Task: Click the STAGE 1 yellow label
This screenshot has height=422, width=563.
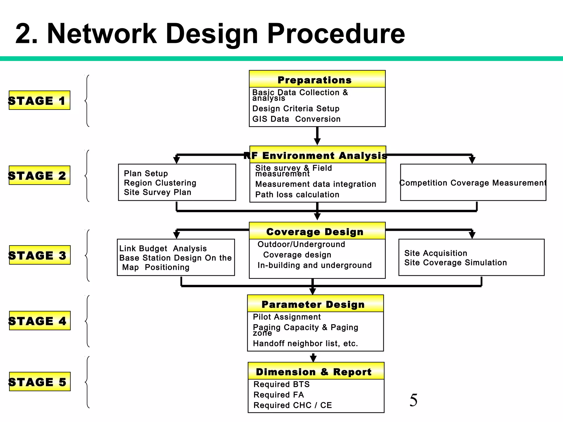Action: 39,101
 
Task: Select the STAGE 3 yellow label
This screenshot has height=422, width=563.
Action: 40,255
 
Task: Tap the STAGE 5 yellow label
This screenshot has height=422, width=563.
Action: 40,382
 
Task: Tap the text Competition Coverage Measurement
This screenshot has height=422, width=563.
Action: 473,183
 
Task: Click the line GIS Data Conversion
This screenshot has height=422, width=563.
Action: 296,119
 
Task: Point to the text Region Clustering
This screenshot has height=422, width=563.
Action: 160,183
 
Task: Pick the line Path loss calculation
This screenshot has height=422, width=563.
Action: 297,195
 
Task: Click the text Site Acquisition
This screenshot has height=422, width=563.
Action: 435,253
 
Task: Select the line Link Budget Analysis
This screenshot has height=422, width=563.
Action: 163,248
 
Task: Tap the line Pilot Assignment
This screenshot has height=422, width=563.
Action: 287,317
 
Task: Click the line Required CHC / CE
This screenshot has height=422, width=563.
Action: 292,405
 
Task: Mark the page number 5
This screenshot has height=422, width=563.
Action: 413,400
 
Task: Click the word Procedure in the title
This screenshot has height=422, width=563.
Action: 336,34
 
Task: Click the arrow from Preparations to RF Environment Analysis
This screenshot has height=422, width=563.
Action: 317,136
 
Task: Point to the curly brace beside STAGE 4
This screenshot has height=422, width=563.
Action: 87,321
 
